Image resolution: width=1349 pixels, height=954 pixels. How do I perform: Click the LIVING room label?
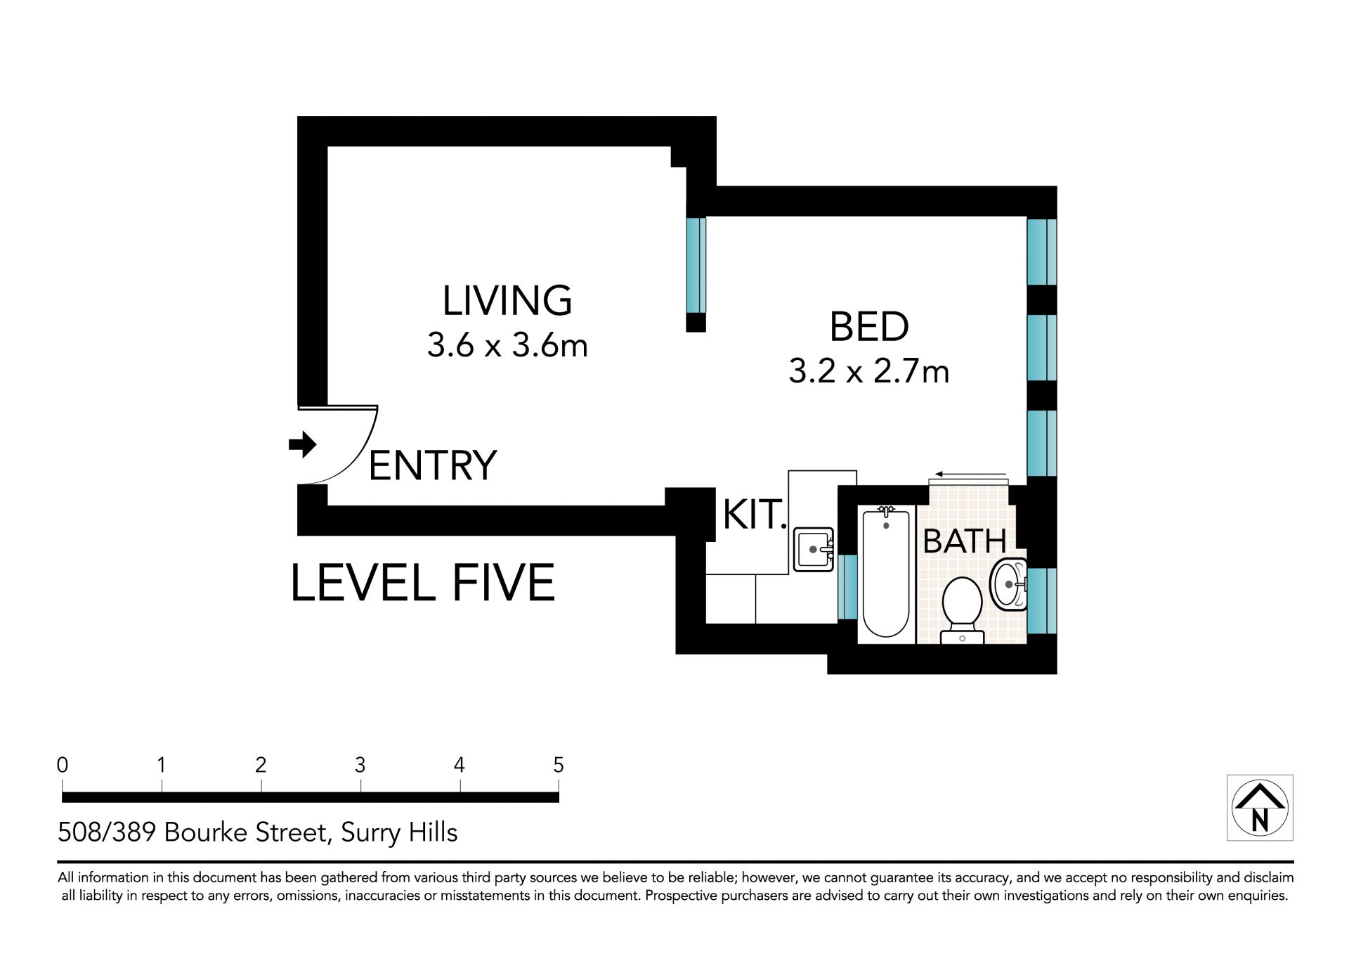coord(507,300)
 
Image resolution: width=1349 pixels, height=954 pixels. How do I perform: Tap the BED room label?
coord(869,326)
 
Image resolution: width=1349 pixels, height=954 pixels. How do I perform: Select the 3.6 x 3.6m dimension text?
coord(507,345)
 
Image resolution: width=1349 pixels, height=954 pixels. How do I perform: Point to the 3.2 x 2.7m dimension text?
coord(868,371)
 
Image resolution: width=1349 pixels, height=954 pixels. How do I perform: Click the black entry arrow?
coord(303,444)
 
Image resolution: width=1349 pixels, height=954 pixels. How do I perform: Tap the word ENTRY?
coord(433,465)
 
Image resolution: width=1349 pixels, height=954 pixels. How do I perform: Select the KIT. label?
coord(755,515)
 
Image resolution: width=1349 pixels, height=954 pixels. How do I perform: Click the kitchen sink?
coord(814,549)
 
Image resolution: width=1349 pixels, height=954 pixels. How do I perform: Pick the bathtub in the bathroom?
coord(887,574)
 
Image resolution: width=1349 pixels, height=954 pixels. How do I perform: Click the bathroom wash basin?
coord(1008,584)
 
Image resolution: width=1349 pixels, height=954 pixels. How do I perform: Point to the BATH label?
coord(965,541)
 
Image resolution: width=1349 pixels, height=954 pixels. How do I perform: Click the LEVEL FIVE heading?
coord(422,583)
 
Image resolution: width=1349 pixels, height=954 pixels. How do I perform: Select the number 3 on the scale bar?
coord(360,765)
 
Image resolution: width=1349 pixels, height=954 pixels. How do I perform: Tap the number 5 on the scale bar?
coord(559,765)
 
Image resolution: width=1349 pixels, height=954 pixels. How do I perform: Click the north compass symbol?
coord(1260,808)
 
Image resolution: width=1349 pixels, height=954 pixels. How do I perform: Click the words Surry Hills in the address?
coord(399,832)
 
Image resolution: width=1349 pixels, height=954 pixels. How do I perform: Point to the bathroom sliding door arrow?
coord(970,475)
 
